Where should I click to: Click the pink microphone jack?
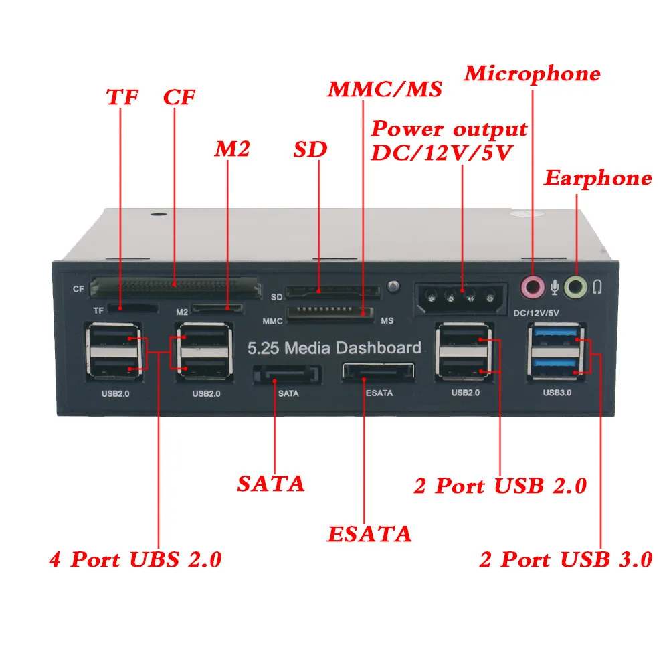pos(533,288)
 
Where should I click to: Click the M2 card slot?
pos(217,309)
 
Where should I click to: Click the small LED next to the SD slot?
pos(393,286)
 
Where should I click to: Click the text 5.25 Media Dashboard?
pos(334,348)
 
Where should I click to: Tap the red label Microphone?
pos(533,74)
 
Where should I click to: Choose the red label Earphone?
pos(597,178)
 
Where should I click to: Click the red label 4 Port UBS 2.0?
pos(135,559)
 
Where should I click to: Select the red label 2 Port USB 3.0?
pos(565,559)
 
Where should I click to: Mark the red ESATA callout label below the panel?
pos(369,534)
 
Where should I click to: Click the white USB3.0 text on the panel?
pos(557,393)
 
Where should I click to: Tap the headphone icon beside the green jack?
pos(597,288)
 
